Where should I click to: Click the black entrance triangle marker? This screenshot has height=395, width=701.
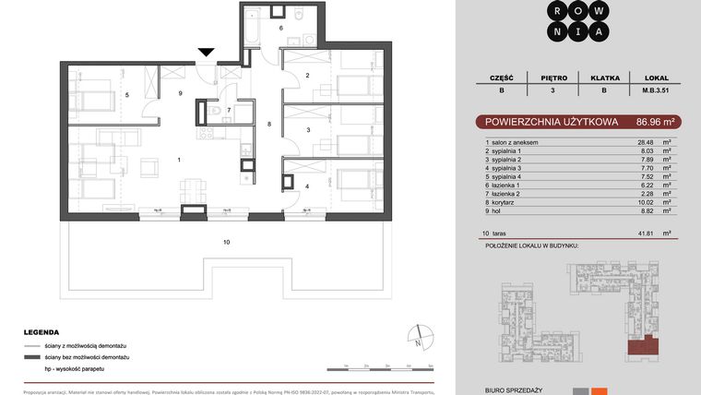click(206, 54)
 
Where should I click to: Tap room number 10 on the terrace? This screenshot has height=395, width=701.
click(226, 242)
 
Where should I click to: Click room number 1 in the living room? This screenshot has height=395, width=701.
click(179, 161)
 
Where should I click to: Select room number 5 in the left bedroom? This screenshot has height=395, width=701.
click(127, 94)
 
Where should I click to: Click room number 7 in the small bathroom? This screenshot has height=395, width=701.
click(229, 110)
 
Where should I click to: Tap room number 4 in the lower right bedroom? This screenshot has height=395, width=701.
click(307, 186)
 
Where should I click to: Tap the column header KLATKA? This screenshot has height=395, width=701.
click(604, 78)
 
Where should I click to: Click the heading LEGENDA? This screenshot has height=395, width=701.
click(42, 332)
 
